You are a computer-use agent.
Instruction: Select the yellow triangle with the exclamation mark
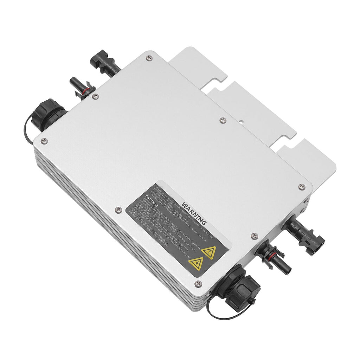[210, 252]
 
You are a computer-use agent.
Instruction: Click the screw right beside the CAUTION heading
[118, 210]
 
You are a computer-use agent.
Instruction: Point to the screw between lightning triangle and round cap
[198, 283]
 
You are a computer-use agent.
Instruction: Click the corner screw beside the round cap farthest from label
[44, 141]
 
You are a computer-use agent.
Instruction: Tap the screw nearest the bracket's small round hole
[223, 120]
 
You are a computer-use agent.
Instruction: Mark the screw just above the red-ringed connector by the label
[255, 236]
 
